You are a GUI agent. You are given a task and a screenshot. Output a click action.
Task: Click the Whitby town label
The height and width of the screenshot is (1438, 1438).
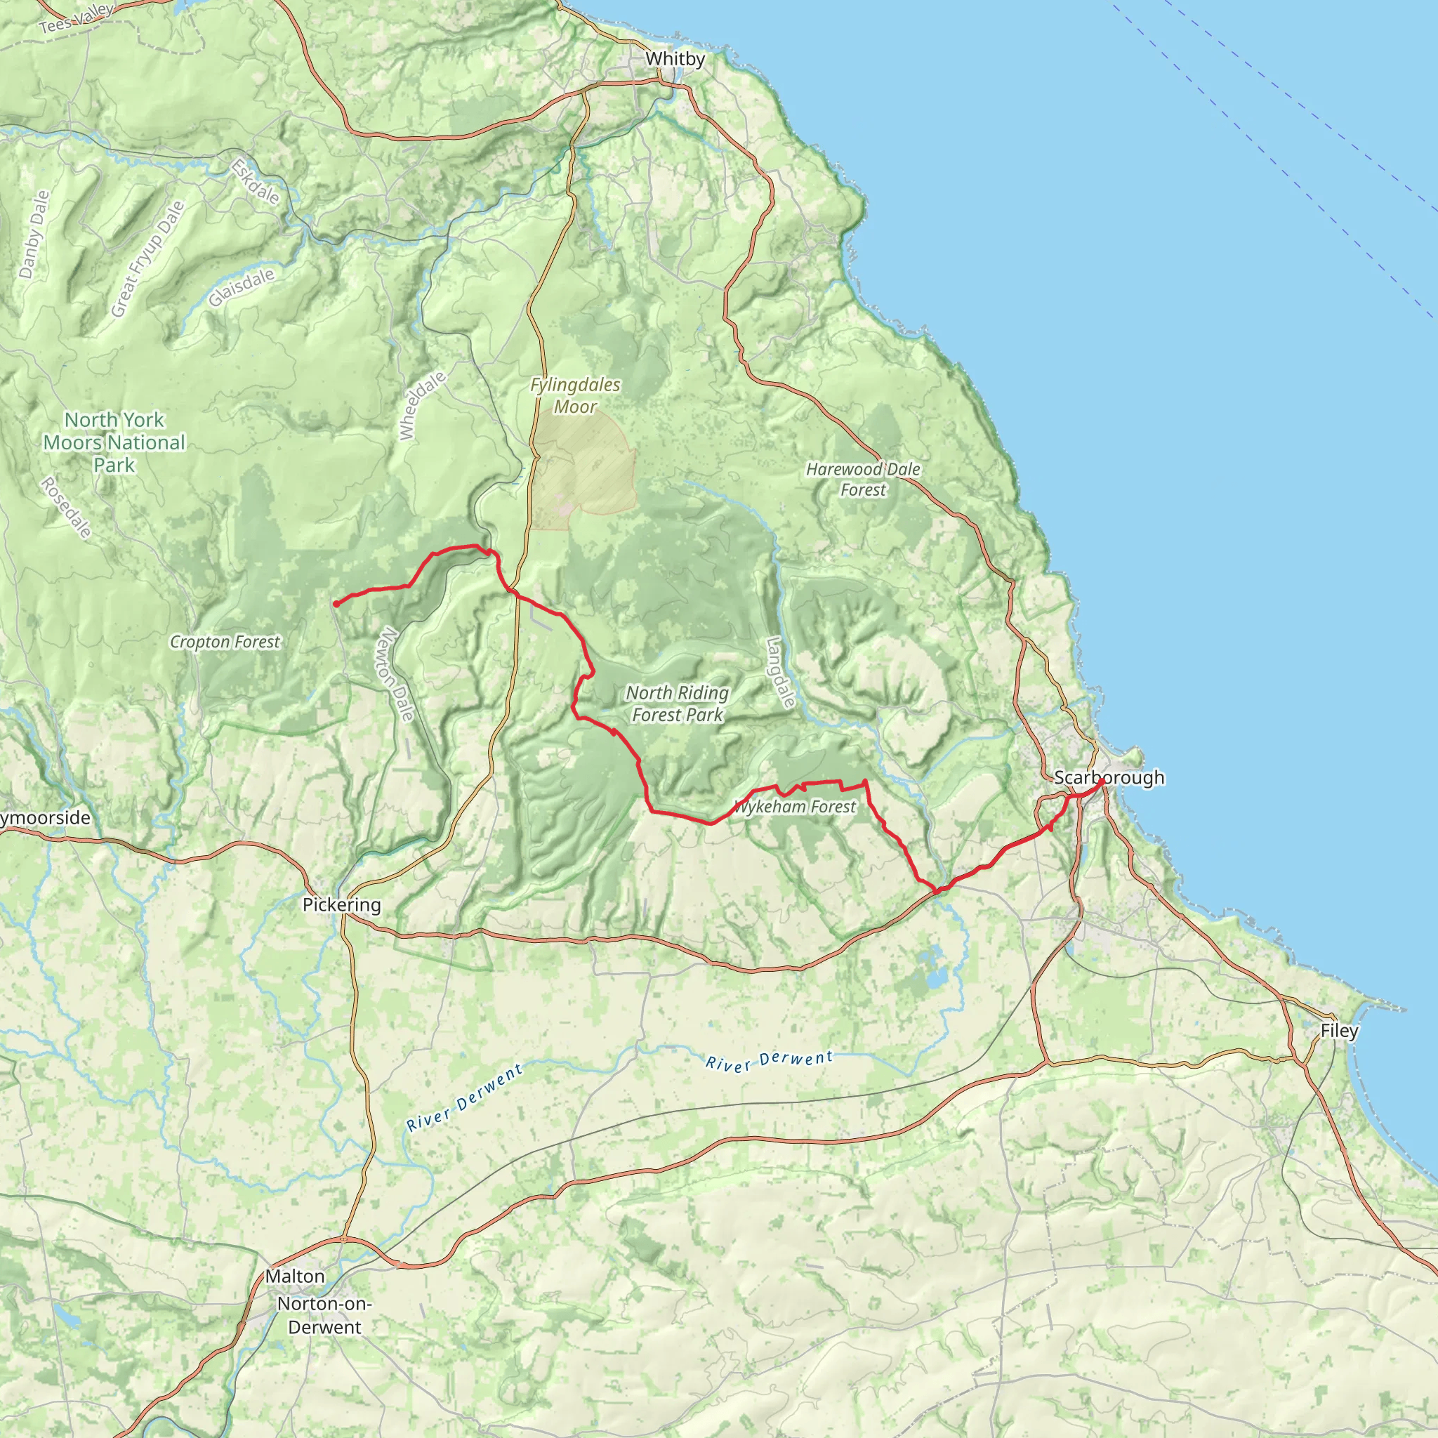(675, 59)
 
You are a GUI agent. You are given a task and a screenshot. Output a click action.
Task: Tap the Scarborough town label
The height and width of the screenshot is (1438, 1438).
(1109, 777)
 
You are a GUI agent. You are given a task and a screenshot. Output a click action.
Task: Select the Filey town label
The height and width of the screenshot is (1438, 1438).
(1339, 1031)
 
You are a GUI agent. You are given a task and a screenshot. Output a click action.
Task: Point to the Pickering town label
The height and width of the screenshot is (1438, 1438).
(342, 904)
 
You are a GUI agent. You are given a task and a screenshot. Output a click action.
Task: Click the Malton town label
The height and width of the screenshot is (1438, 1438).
(296, 1276)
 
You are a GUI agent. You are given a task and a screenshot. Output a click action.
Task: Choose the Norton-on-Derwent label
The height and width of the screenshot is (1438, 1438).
(324, 1315)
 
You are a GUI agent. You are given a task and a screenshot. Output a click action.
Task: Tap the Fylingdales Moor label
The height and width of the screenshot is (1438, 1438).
(575, 395)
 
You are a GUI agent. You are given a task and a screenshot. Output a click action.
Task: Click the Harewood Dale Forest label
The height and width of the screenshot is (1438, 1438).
(864, 480)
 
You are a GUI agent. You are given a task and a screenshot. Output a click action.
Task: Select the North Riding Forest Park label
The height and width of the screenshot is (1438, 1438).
(678, 704)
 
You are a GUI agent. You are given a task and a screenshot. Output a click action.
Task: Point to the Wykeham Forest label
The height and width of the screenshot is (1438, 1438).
(795, 807)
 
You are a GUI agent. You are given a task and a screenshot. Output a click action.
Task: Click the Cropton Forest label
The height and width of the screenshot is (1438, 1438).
(225, 642)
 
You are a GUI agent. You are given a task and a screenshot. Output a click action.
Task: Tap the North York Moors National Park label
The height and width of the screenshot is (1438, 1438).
(114, 442)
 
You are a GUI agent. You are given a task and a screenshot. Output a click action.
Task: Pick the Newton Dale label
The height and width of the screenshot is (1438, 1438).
(396, 674)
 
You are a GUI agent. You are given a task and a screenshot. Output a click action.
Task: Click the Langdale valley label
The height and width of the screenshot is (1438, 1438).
(781, 672)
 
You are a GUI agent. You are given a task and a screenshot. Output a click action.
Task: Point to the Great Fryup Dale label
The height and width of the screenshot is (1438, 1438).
(147, 259)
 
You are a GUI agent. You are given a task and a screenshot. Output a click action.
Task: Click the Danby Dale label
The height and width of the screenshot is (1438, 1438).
(34, 235)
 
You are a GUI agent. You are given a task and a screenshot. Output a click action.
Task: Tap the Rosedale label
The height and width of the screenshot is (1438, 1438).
(66, 508)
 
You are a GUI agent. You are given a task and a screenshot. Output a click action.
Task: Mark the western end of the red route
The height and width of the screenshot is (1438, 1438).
(336, 604)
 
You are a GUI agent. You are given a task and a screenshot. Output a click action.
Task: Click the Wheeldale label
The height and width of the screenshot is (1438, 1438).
(422, 406)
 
